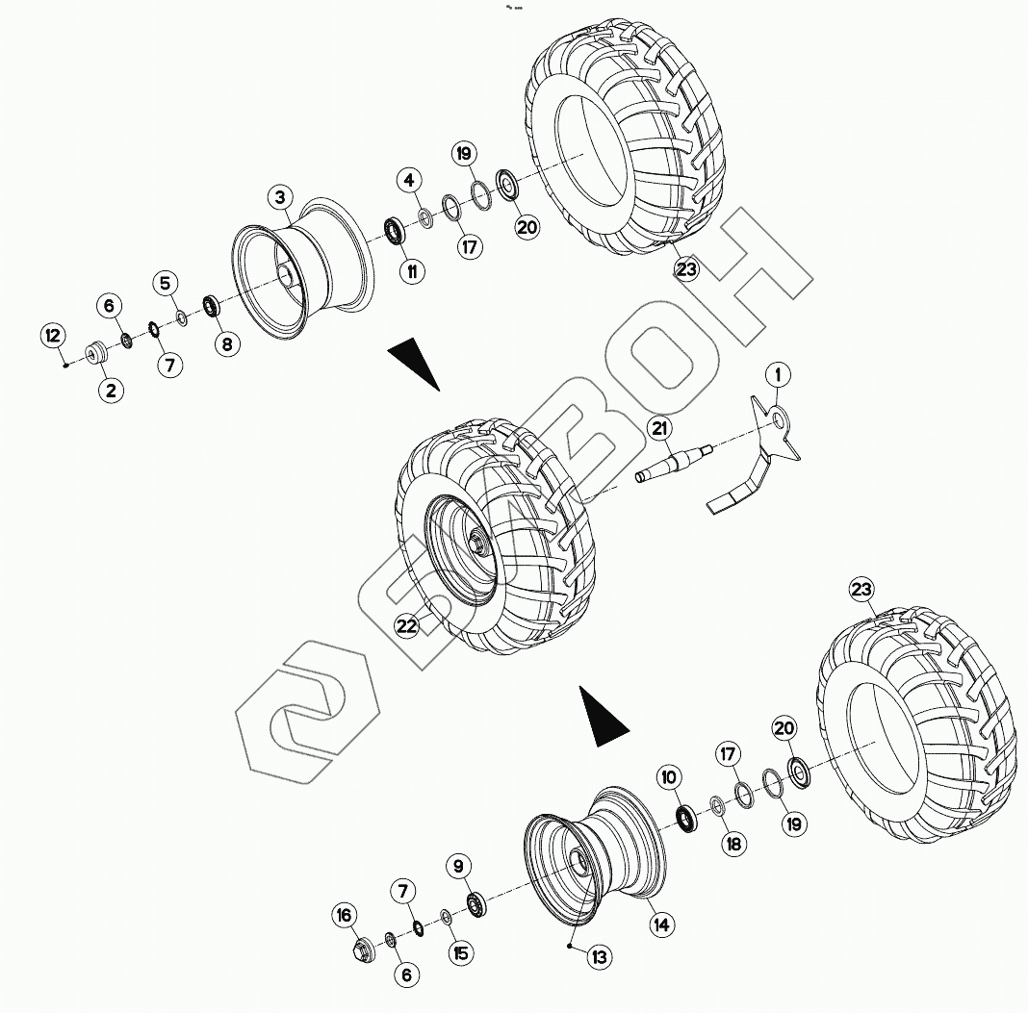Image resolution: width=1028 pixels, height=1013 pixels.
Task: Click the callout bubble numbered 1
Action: (x=777, y=373)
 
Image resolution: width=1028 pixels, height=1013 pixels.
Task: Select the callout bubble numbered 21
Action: (x=660, y=430)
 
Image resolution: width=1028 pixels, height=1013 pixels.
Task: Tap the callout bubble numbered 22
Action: (x=407, y=626)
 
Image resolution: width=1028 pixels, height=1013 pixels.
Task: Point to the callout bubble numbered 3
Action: (x=279, y=197)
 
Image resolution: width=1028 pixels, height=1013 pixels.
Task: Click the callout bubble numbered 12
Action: (x=53, y=336)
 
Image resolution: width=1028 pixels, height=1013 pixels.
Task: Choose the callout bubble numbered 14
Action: (x=659, y=925)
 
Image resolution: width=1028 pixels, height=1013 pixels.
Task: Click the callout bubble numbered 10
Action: (x=670, y=776)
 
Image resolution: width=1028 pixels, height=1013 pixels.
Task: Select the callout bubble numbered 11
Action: (x=411, y=271)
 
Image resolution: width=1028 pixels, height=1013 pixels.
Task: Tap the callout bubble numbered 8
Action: (x=227, y=343)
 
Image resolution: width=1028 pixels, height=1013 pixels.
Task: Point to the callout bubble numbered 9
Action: (x=458, y=865)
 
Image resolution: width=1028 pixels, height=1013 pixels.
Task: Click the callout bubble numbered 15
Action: (x=460, y=952)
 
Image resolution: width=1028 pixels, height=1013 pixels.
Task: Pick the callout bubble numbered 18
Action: (x=733, y=844)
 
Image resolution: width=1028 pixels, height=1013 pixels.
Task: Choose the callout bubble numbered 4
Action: (x=409, y=180)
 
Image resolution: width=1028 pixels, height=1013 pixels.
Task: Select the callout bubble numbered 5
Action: (x=165, y=283)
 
